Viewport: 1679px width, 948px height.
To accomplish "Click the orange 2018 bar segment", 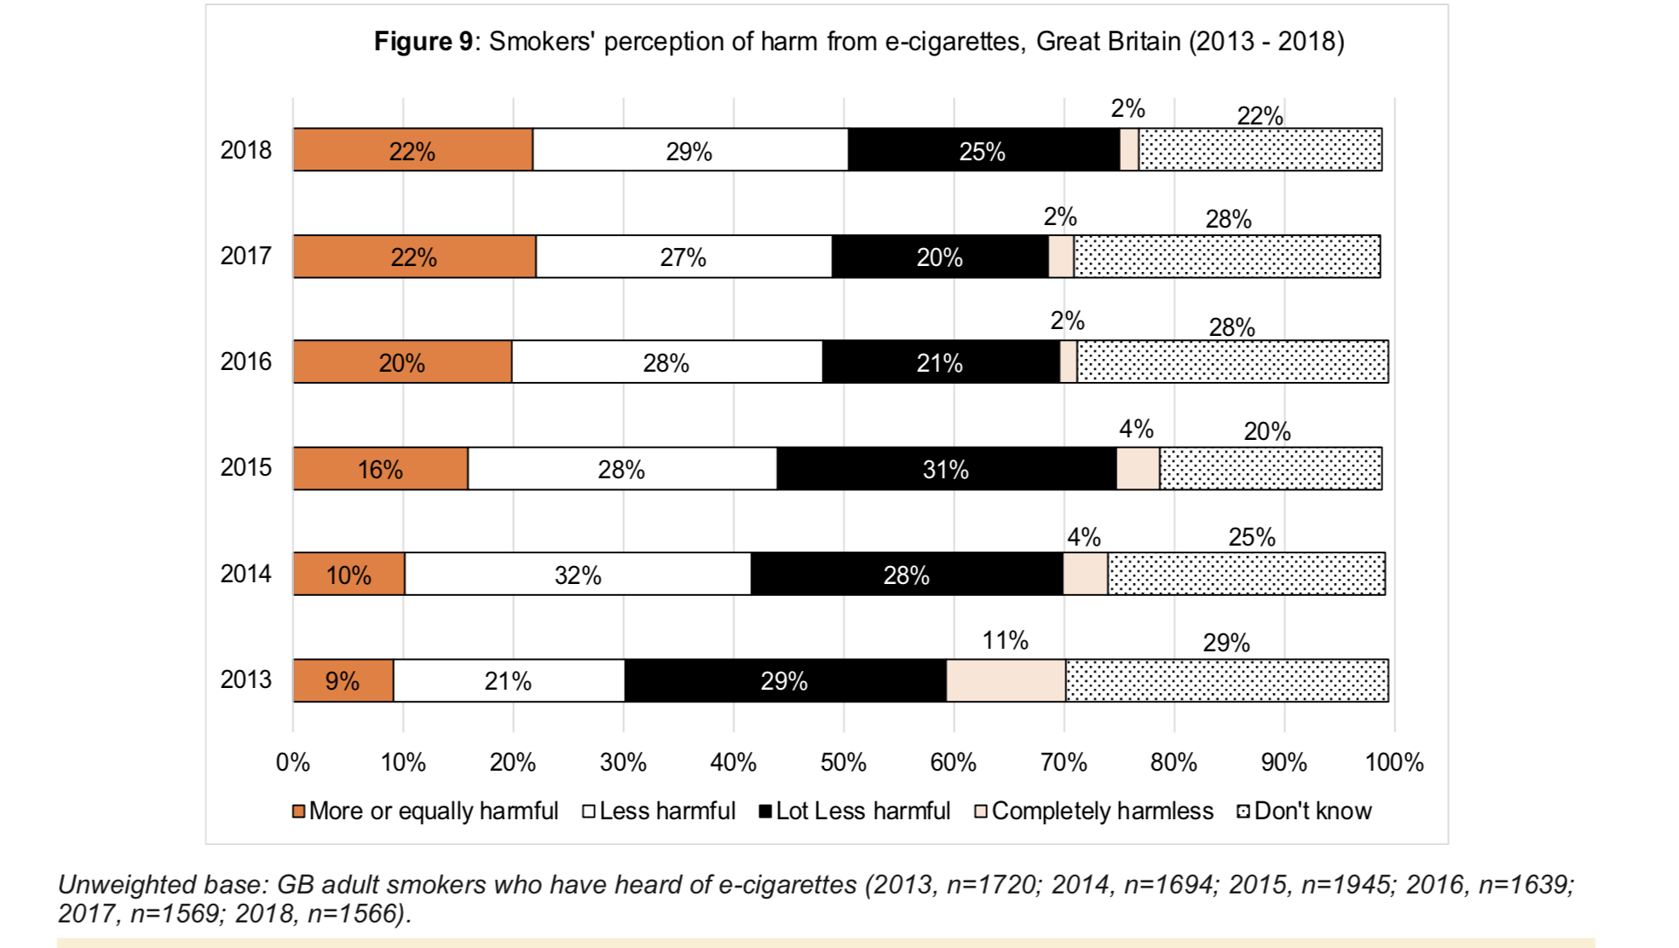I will (x=413, y=150).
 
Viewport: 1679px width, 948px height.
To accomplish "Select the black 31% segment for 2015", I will (x=946, y=468).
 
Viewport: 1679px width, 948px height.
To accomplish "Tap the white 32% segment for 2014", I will (x=577, y=574).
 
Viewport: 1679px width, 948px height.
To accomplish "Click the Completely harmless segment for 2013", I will (x=1006, y=680).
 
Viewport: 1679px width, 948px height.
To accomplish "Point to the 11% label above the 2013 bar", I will (x=1005, y=640).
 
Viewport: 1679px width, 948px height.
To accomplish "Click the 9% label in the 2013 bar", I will (x=342, y=680).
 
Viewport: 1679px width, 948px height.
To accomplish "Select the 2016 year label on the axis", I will (x=245, y=361).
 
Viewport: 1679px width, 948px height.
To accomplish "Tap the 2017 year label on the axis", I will (x=245, y=256).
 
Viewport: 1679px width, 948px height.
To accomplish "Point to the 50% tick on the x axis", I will (x=843, y=762).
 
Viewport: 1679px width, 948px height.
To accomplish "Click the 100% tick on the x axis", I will (x=1393, y=762).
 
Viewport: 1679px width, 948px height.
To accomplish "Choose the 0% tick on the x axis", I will (x=292, y=762).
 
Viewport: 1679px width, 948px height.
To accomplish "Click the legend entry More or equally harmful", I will (x=425, y=811).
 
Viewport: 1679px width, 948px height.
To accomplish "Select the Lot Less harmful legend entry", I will (x=854, y=811).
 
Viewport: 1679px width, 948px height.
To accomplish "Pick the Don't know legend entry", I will (x=1304, y=811).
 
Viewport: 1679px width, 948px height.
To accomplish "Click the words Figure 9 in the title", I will (x=423, y=41).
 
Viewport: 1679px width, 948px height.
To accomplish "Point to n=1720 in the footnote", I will (x=992, y=885).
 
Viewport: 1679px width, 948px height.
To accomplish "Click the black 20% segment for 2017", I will (x=939, y=257).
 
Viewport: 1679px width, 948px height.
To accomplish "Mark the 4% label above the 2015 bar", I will (x=1136, y=429).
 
